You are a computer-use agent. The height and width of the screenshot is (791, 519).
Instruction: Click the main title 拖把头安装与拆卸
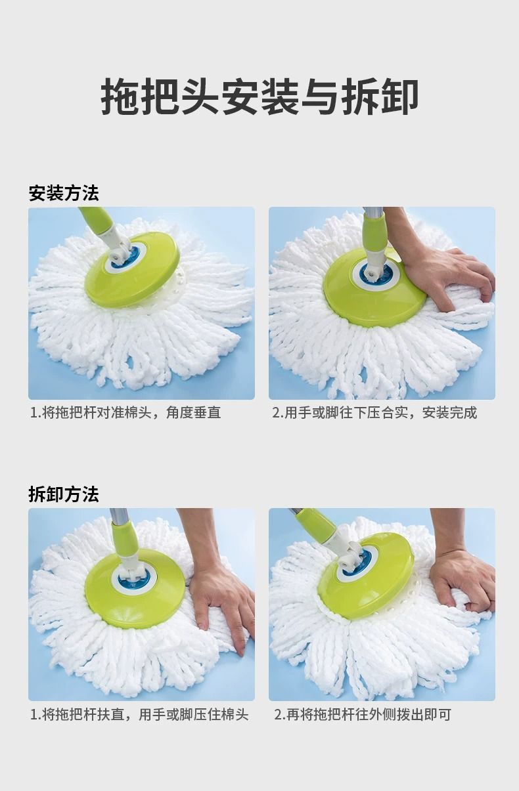tap(259, 96)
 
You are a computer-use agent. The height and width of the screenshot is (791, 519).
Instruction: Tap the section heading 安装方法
tap(64, 193)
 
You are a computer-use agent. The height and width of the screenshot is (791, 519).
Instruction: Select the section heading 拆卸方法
tap(64, 494)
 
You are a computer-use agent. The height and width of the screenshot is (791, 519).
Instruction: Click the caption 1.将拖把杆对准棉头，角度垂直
tap(125, 412)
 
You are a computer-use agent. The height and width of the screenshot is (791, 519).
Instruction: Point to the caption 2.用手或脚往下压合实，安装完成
tap(374, 412)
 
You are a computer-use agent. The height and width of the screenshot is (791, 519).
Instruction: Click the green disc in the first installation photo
tap(131, 269)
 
